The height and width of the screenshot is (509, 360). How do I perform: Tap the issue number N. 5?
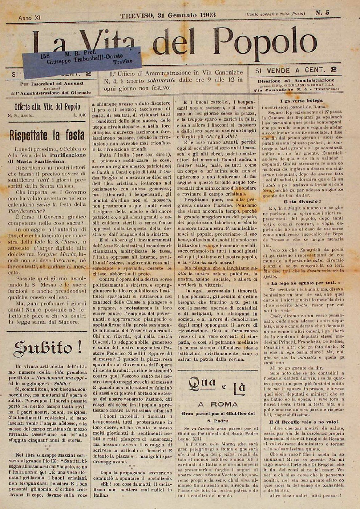coord(322,13)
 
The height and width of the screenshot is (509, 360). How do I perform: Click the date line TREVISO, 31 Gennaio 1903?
coord(168,14)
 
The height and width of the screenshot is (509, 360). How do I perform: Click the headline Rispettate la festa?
coord(47,135)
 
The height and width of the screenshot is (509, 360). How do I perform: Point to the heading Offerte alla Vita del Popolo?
coord(47,107)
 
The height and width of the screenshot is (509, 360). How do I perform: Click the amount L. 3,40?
coord(79,115)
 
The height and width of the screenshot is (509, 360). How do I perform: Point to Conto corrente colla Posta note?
coord(275,14)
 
